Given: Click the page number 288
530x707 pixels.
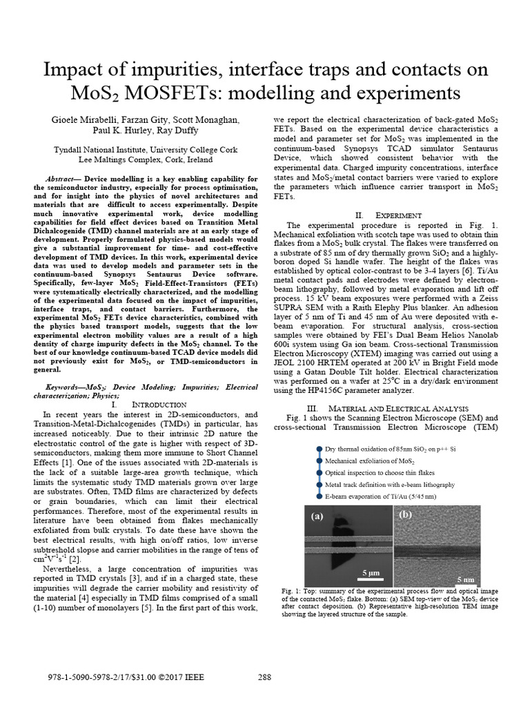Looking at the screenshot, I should pyautogui.click(x=264, y=677).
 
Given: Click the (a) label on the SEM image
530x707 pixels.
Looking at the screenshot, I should pyautogui.click(x=317, y=516).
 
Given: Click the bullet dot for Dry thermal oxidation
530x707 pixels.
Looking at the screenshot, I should pyautogui.click(x=319, y=449).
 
